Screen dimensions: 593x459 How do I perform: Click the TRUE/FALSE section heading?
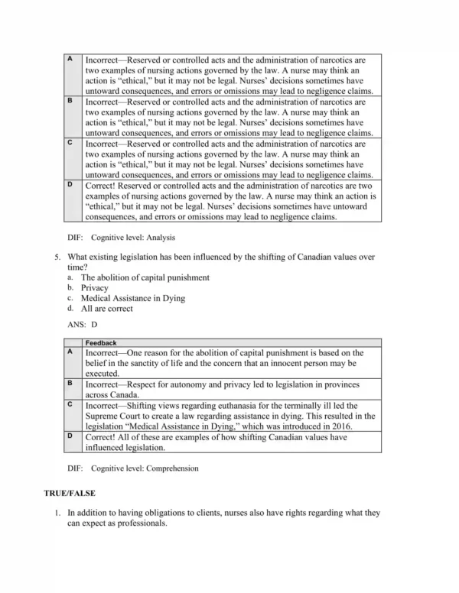click(x=70, y=494)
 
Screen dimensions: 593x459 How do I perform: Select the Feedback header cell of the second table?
click(x=100, y=343)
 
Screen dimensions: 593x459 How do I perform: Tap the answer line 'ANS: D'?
click(x=83, y=324)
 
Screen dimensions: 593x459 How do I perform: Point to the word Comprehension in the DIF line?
click(x=172, y=468)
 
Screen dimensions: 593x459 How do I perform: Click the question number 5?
click(x=58, y=257)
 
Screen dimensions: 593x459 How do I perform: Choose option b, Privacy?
click(x=95, y=288)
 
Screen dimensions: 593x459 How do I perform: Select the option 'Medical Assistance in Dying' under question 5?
click(x=133, y=298)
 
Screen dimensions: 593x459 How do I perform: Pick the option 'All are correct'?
click(x=107, y=309)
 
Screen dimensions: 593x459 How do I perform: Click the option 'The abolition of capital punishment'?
click(x=145, y=277)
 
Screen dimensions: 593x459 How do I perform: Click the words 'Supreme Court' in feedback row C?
click(x=113, y=416)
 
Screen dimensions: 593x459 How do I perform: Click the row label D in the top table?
click(x=70, y=184)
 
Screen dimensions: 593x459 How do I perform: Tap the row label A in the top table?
click(x=70, y=59)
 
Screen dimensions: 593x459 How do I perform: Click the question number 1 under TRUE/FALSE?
click(x=58, y=514)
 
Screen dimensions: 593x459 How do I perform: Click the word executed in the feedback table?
click(x=103, y=374)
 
